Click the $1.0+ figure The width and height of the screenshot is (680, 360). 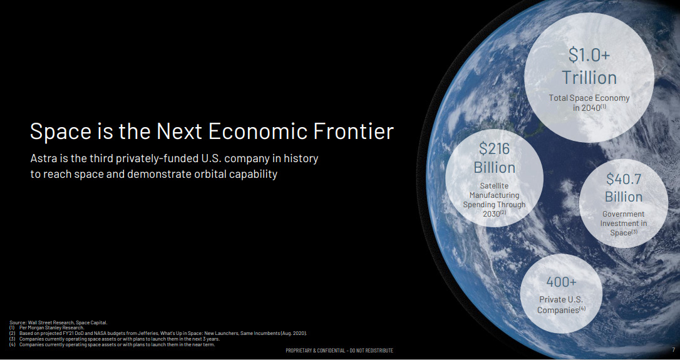pos(589,55)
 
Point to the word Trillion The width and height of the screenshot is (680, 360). pos(589,78)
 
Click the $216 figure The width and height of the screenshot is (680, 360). pos(495,149)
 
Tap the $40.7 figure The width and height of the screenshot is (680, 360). pos(624,178)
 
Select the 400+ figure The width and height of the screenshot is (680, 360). pos(561,282)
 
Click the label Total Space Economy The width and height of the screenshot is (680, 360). pos(589,98)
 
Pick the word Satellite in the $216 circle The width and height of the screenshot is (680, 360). pos(495,186)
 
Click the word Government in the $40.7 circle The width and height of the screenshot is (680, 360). pos(624,214)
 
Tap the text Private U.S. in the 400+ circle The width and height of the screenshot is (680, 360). pos(561,300)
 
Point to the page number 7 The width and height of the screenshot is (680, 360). pos(674,349)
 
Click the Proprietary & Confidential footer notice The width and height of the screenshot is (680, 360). pos(339,351)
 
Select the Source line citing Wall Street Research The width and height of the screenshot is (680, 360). pos(58,322)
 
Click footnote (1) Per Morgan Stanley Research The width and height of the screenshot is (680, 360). pos(46,328)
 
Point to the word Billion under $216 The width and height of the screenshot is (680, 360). pos(495,168)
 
